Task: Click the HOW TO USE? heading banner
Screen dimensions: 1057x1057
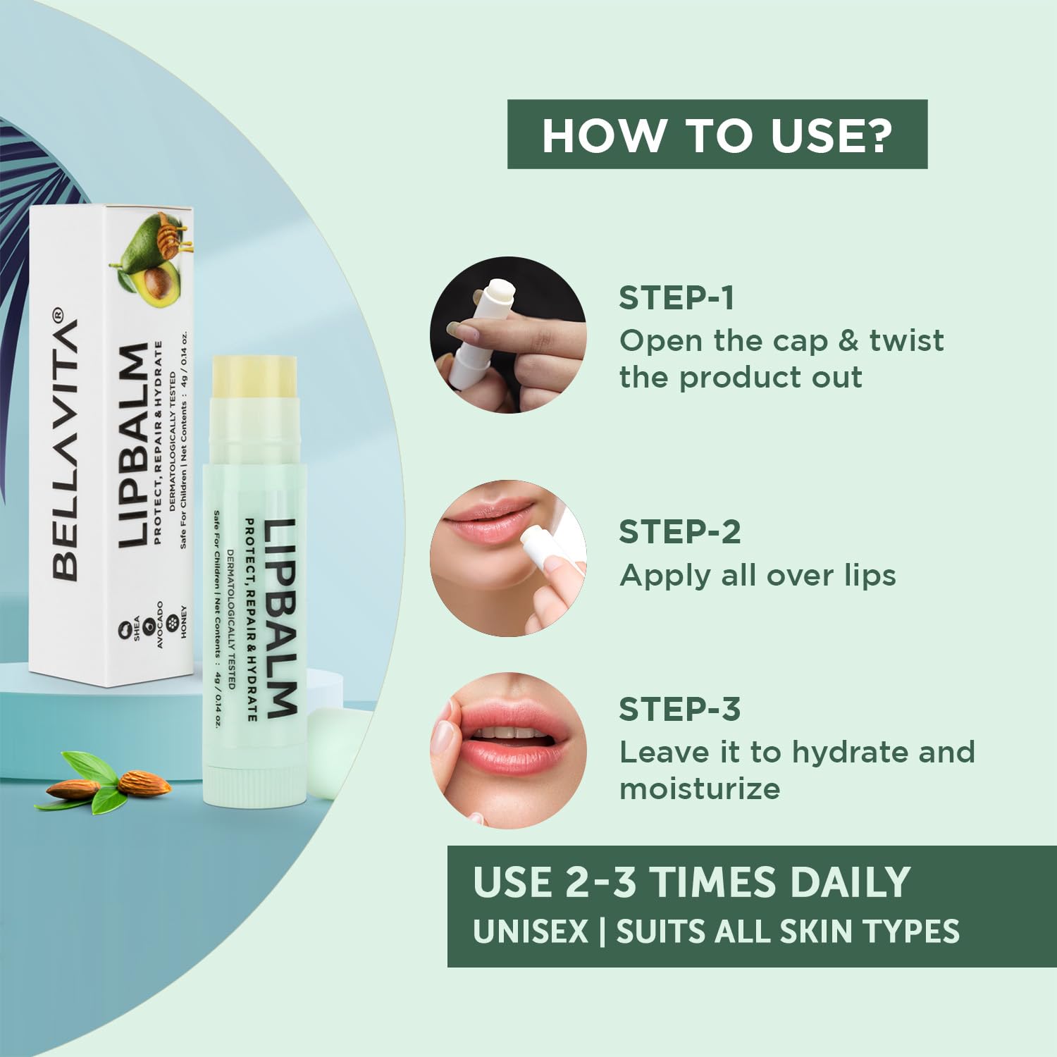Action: [717, 135]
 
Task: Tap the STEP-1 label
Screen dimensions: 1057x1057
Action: [676, 298]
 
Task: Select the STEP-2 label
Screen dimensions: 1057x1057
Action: [679, 532]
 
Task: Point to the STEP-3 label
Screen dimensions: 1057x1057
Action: [679, 710]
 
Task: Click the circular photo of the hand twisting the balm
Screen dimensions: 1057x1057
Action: [508, 335]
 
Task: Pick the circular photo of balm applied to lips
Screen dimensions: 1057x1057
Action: [508, 558]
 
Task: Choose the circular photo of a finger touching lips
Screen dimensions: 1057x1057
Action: [508, 750]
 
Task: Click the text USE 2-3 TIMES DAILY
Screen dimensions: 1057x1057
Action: [691, 882]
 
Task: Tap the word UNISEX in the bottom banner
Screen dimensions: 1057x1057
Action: [530, 932]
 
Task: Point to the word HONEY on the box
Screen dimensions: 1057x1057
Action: [184, 622]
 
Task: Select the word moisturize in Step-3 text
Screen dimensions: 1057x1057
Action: [699, 789]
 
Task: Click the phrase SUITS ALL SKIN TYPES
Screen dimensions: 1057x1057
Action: [787, 932]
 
